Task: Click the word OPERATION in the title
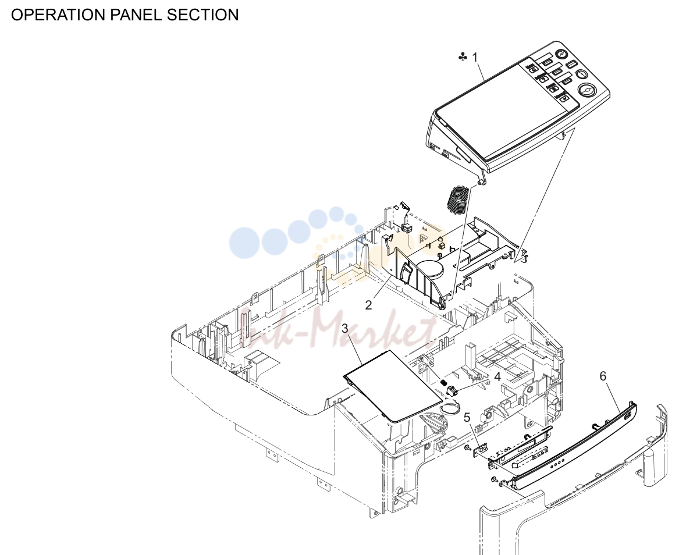58,15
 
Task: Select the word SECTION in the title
203,15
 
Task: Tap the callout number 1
475,57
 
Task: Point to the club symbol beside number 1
463,56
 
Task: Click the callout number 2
368,305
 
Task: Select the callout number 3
344,328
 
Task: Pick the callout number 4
497,376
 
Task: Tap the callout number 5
467,418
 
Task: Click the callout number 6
603,376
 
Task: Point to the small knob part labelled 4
451,391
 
